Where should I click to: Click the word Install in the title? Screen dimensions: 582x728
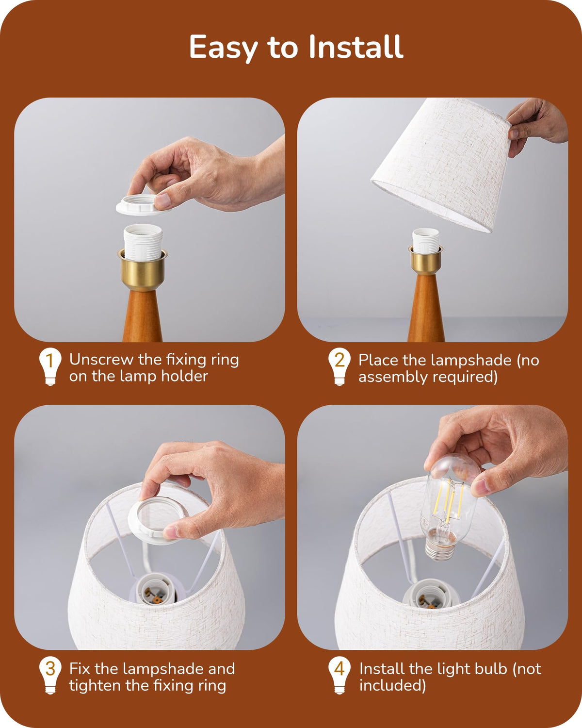pyautogui.click(x=356, y=47)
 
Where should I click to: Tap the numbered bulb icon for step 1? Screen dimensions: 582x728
pyautogui.click(x=50, y=366)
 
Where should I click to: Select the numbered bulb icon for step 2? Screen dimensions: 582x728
pyautogui.click(x=339, y=366)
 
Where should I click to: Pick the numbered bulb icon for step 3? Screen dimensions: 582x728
pyautogui.click(x=50, y=675)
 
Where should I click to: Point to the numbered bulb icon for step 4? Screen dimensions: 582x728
pyautogui.click(x=339, y=675)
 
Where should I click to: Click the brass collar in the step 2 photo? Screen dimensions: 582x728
pyautogui.click(x=426, y=260)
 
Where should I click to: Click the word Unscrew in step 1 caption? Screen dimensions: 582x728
pyautogui.click(x=101, y=360)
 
